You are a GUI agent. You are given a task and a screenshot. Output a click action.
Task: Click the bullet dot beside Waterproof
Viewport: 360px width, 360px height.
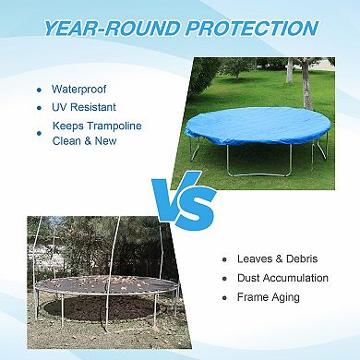coord(39,90)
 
